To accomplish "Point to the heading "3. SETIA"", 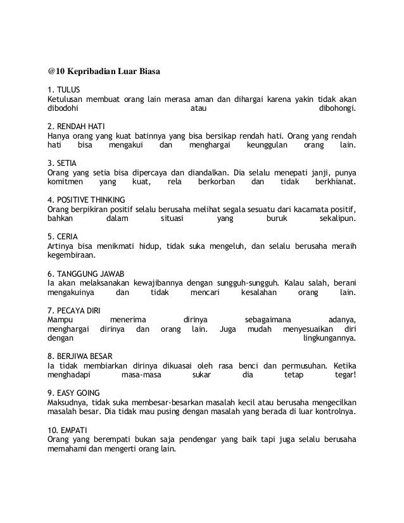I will coord(62,161).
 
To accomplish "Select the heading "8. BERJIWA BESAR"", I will coord(79,356).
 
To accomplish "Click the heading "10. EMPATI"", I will coord(69,429).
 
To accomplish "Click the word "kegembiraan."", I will coord(72,255).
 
